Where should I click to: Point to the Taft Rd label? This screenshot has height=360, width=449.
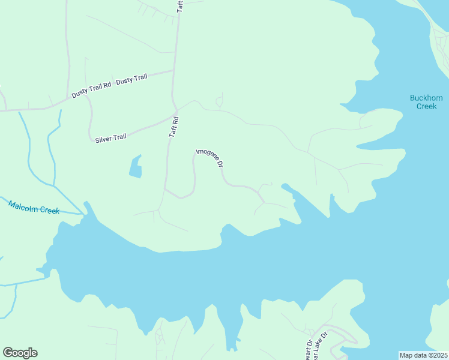pyautogui.click(x=174, y=127)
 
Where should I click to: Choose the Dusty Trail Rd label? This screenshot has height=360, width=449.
pyautogui.click(x=91, y=90)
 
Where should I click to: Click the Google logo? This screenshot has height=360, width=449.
pyautogui.click(x=20, y=353)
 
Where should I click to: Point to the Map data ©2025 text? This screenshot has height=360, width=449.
pyautogui.click(x=423, y=355)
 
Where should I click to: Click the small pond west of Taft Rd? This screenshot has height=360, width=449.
pyautogui.click(x=136, y=168)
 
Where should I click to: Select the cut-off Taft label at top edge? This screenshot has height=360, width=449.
pyautogui.click(x=179, y=5)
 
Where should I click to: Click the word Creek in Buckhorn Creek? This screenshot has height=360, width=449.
pyautogui.click(x=426, y=106)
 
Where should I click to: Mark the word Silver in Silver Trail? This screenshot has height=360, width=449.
pyautogui.click(x=103, y=139)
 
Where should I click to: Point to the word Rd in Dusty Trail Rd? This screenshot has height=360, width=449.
pyautogui.click(x=107, y=85)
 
